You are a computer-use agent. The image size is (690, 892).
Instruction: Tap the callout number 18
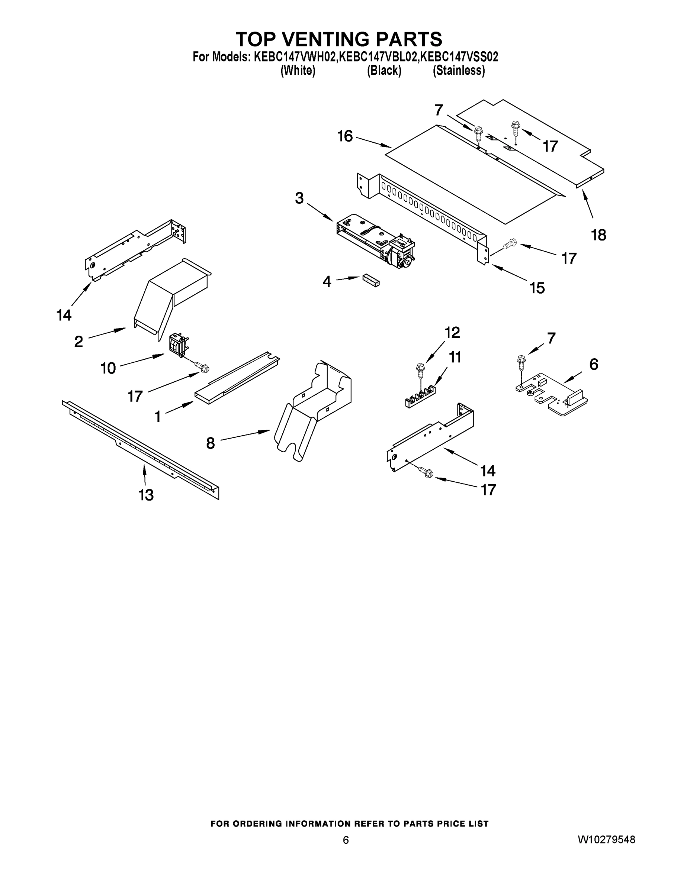(598, 235)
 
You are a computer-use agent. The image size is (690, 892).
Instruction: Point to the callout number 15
(537, 288)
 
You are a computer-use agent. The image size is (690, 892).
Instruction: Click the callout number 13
(146, 495)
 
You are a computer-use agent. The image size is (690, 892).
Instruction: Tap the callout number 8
(211, 443)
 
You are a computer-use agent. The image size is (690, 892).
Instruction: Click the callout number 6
(594, 364)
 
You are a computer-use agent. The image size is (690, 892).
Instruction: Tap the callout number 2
(78, 341)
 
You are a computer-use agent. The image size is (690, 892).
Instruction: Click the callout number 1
(158, 417)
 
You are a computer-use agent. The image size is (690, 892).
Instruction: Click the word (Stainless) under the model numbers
(459, 71)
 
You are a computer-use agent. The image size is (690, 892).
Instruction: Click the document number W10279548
(606, 840)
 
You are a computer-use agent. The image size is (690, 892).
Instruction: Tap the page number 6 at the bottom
(346, 840)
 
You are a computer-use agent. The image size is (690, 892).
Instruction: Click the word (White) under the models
(298, 71)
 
